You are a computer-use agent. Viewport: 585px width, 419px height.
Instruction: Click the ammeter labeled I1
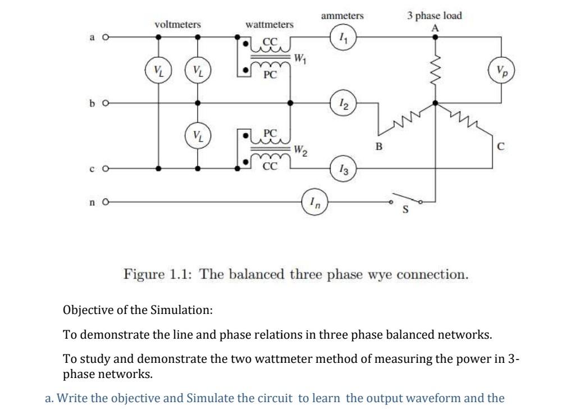[x=342, y=38]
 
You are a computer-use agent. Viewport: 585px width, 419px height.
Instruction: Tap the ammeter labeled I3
[x=342, y=168]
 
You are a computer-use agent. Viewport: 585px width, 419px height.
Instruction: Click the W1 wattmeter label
[x=300, y=57]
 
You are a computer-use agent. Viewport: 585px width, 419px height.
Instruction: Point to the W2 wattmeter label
[x=300, y=150]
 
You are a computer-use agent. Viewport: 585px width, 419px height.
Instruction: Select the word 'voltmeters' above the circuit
[x=177, y=25]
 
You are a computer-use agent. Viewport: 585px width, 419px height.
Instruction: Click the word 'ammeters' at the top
[x=342, y=16]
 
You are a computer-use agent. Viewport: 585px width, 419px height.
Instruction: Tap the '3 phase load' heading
[x=435, y=16]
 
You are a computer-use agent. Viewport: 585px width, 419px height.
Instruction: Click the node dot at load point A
[x=435, y=38]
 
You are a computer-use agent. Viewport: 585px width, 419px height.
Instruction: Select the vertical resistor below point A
[x=435, y=70]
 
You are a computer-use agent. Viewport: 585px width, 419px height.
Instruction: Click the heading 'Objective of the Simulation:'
[x=138, y=310]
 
